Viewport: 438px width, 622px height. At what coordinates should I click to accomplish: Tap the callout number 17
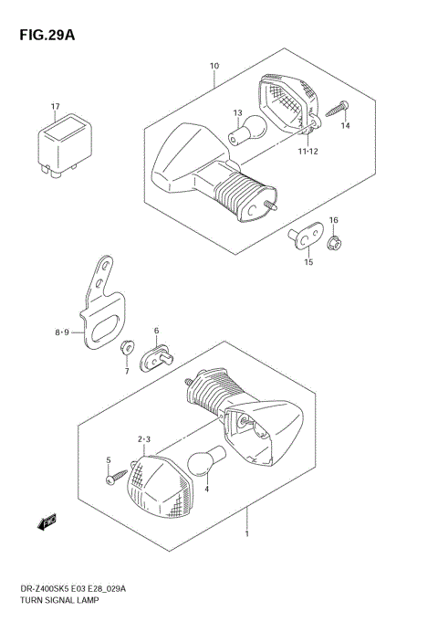(x=55, y=107)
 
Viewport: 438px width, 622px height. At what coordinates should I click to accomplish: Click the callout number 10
(x=214, y=66)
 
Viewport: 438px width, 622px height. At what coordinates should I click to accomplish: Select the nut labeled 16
(x=335, y=241)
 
